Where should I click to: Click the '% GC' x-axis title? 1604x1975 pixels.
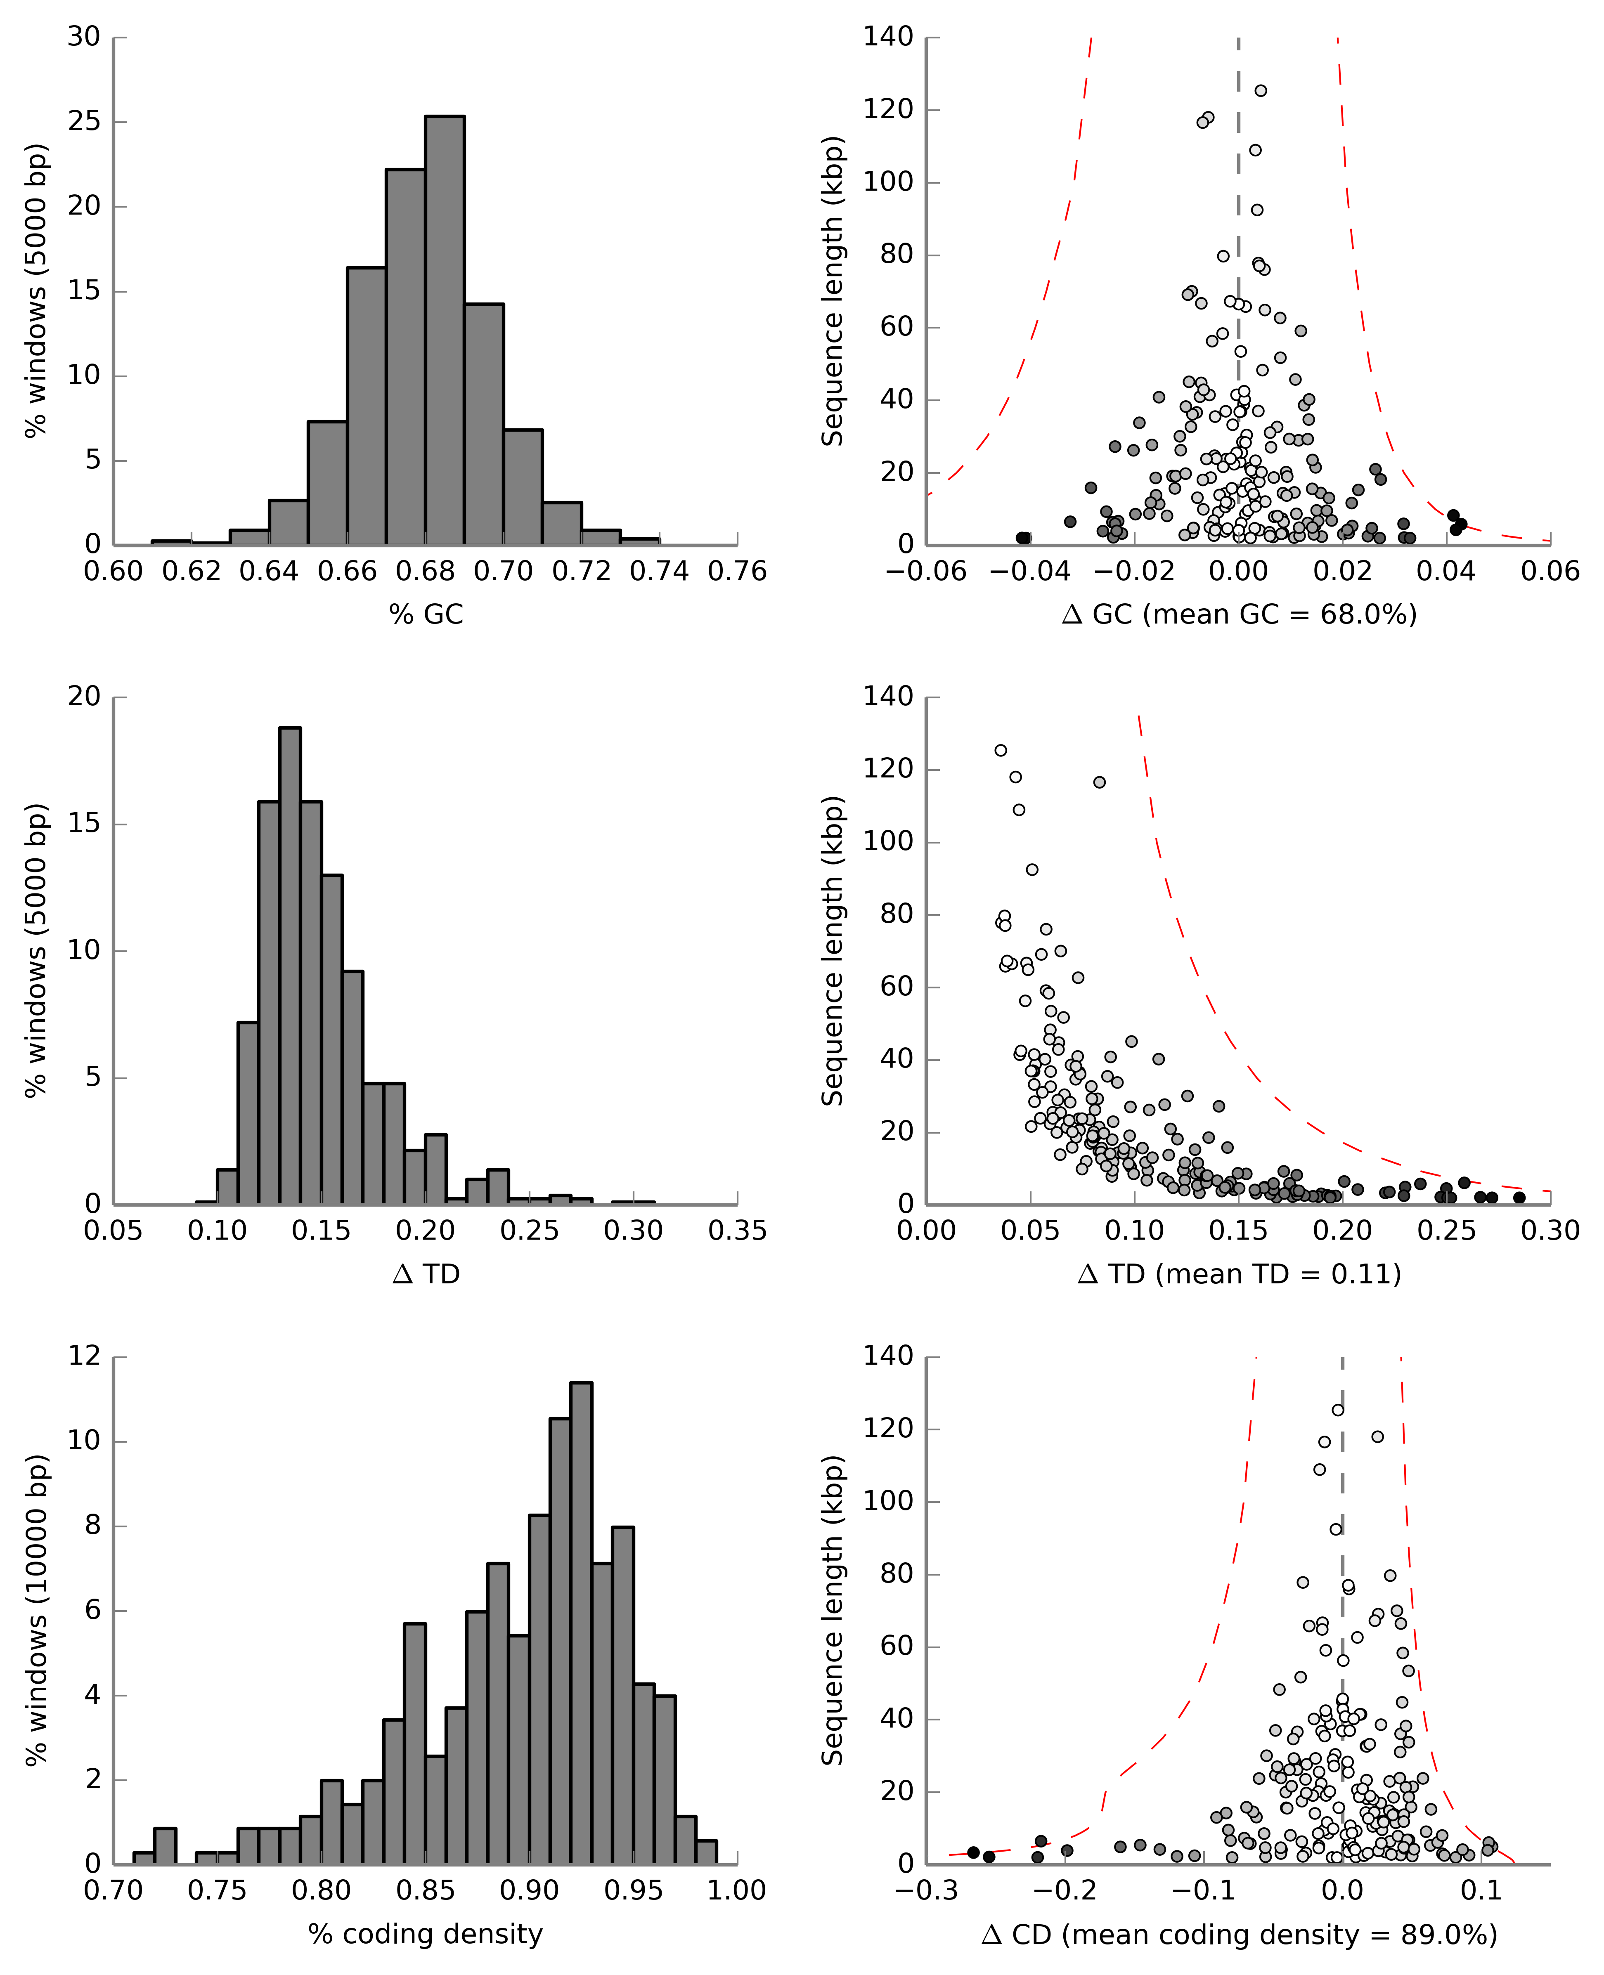click(426, 614)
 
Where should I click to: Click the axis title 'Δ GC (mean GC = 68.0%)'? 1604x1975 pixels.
click(1239, 614)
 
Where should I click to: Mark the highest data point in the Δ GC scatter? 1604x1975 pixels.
click(1260, 90)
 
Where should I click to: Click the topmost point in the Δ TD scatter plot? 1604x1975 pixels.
click(1001, 750)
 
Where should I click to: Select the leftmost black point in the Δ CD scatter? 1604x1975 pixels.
click(973, 1852)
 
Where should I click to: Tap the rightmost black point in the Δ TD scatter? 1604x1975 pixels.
click(1519, 1197)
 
